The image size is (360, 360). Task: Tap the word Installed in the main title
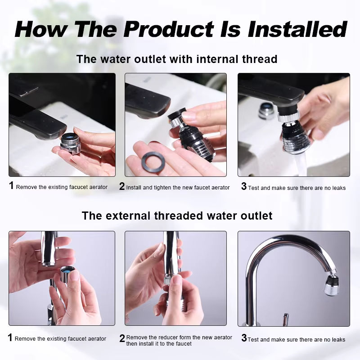pos(297,29)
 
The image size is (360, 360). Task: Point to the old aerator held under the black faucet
pos(71,144)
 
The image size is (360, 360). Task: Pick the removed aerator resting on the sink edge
pos(266,111)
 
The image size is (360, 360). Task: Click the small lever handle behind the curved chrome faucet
pos(285,319)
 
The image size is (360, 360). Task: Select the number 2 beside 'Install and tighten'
pos(122,186)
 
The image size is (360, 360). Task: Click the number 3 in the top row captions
pos(243,186)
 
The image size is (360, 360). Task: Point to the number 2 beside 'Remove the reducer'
pos(122,338)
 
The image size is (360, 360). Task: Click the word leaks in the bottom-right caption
pos(338,340)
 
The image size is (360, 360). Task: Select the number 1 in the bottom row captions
pos(10,337)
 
